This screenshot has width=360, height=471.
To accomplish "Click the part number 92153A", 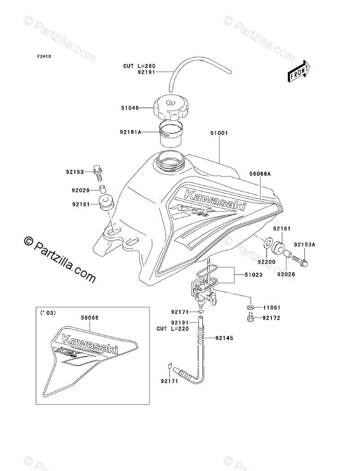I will [x=305, y=245].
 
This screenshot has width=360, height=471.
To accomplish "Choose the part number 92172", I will [x=270, y=318].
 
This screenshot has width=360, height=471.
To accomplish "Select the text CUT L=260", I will [x=139, y=66].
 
